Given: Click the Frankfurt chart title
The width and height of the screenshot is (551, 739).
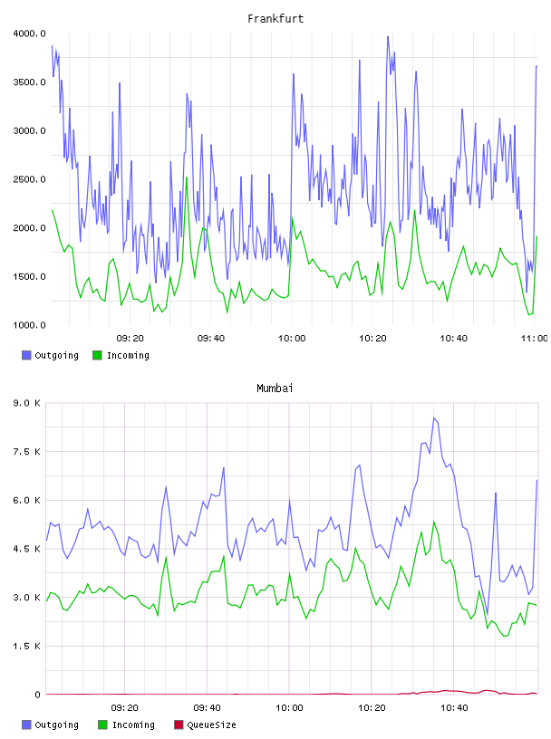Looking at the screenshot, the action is pos(275,19).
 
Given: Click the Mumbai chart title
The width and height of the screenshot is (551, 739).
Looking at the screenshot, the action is pos(275,389).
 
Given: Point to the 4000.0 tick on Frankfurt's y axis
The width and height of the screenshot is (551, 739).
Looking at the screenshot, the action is pos(29,34).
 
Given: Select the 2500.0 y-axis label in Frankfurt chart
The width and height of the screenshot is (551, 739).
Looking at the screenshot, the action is pos(29,179).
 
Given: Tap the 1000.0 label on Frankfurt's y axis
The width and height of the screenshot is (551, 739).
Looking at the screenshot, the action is pos(29,325).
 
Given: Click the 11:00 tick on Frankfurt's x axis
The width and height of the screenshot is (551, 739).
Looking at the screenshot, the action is pos(534,339).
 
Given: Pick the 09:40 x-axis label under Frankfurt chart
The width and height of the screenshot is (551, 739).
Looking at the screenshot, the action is pos(211,339).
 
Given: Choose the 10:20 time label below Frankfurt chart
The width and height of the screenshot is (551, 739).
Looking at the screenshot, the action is pos(372,339).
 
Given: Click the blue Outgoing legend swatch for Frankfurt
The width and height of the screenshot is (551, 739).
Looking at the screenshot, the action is pos(26,355).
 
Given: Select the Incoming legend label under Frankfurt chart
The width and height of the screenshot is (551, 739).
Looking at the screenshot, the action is pos(128,355).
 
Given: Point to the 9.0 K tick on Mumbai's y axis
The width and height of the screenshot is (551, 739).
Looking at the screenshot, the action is pos(27,403).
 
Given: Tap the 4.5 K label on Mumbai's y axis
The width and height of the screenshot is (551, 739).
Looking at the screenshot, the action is pos(27,549).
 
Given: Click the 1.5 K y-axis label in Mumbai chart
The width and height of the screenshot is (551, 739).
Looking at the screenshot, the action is pos(27,646).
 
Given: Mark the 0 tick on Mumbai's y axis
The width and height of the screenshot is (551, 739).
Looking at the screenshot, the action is pos(38,695).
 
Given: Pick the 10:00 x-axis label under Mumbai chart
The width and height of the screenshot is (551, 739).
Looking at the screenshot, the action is pos(289,708).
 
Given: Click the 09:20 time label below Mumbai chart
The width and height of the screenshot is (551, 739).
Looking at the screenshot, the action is pos(124,708).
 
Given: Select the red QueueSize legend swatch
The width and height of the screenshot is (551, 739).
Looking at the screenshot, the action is pos(179,725).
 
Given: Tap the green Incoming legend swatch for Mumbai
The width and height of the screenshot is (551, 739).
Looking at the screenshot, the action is pos(102,725).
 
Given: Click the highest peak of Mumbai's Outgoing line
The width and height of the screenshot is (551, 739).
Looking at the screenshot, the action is pos(434,418).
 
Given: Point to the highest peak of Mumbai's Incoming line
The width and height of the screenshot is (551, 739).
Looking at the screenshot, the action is pos(434,522).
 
